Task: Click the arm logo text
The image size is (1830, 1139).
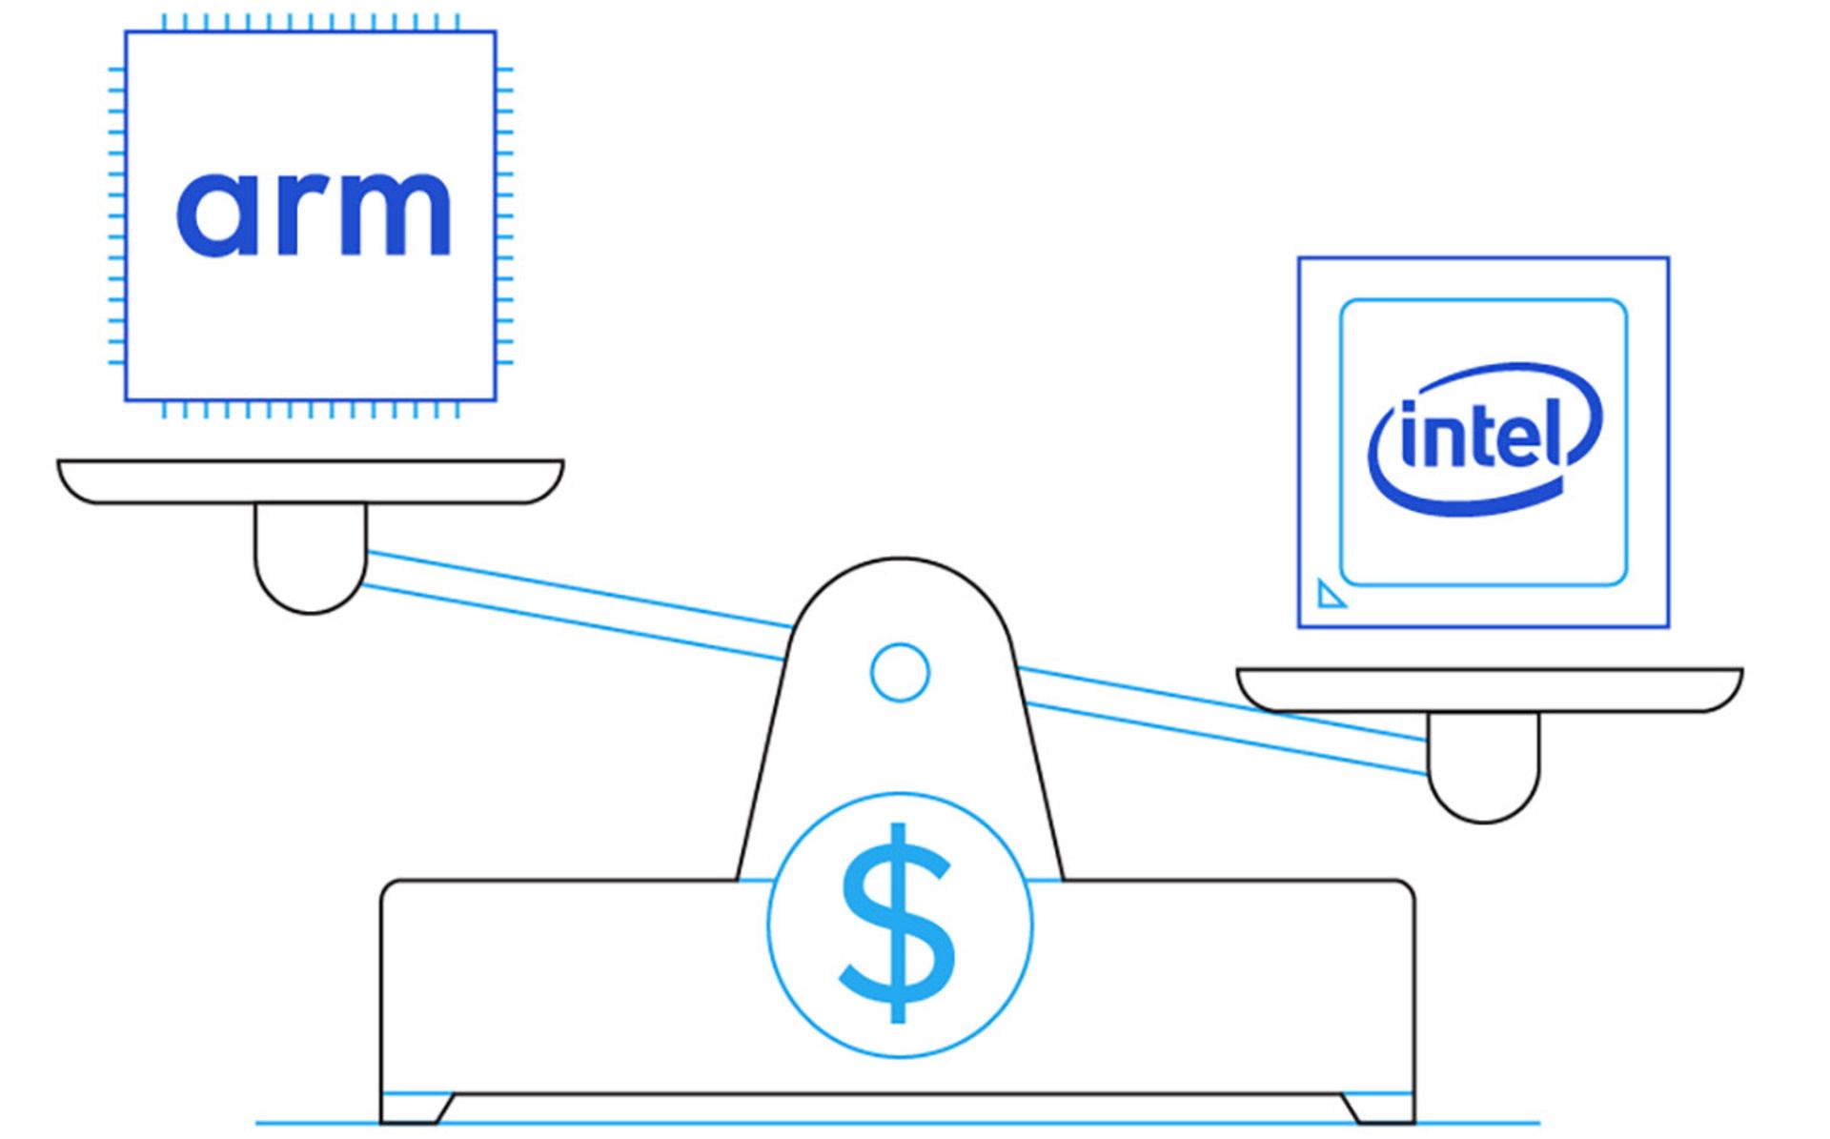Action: pyautogui.click(x=313, y=214)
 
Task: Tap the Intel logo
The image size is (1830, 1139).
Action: pyautogui.click(x=1485, y=439)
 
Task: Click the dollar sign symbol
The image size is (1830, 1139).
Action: pyautogui.click(x=898, y=924)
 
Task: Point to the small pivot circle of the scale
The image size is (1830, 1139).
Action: pyautogui.click(x=900, y=672)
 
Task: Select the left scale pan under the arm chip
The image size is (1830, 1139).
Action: pyautogui.click(x=311, y=481)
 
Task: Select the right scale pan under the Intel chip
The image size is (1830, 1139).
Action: pyautogui.click(x=1489, y=689)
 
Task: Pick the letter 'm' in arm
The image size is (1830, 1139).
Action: pyautogui.click(x=391, y=214)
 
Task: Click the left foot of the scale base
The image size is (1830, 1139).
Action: pyautogui.click(x=417, y=1108)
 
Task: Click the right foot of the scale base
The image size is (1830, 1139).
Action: pyautogui.click(x=1378, y=1108)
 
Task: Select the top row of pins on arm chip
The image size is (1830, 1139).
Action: pyautogui.click(x=311, y=22)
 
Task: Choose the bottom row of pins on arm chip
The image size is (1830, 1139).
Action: pyautogui.click(x=311, y=410)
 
